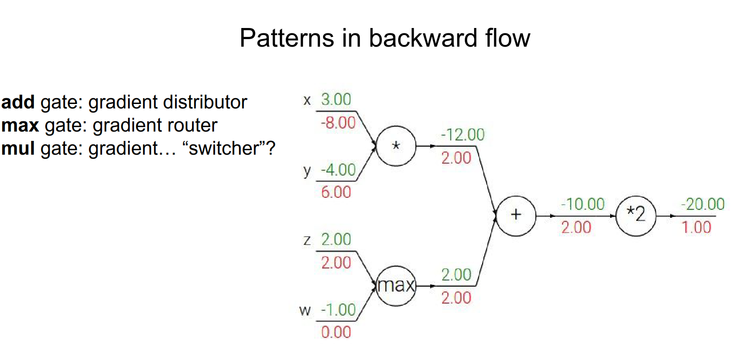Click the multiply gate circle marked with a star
point(396,146)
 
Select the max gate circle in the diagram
point(396,286)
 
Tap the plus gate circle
point(515,216)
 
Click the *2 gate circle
point(635,216)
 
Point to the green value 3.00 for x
point(336,99)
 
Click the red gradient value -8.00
point(338,123)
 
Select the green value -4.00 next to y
point(338,170)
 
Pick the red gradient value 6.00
point(336,192)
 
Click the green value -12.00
point(462,135)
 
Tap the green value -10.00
point(583,204)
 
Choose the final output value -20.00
point(703,204)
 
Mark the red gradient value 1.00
point(696,228)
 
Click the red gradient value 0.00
point(336,332)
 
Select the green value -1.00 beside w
point(338,310)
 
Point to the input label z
point(307,240)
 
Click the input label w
point(305,310)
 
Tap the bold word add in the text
point(18,102)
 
